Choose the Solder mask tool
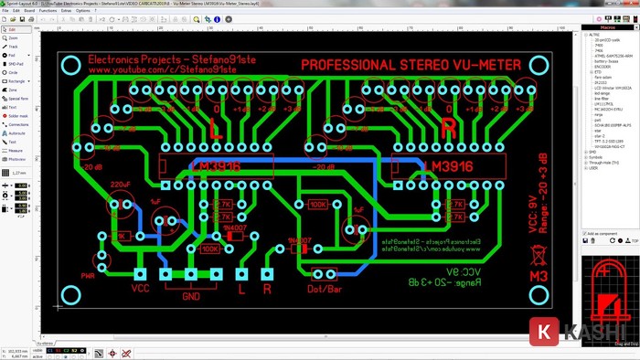pos(17,116)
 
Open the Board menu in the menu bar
pos(29,11)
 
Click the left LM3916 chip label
pos(215,165)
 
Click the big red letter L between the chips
pos(216,129)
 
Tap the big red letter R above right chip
pos(448,129)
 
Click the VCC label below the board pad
pos(140,289)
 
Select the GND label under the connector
pos(190,296)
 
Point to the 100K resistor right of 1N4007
pos(317,205)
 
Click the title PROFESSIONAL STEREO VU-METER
pos(411,66)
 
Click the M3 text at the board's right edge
pos(539,274)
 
